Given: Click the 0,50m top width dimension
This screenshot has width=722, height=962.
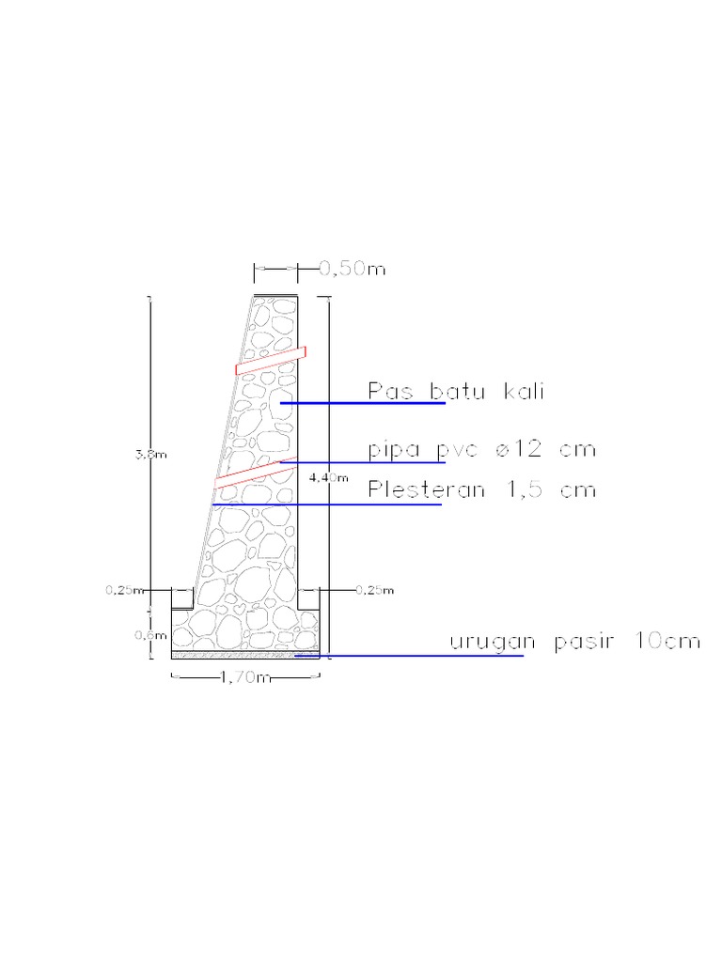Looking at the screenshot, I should [x=353, y=270].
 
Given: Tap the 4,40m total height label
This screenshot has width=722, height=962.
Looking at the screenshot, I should [x=328, y=477].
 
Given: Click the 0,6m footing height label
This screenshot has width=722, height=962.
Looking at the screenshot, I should [x=144, y=634].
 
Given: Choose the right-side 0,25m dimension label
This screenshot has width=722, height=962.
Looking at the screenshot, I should [x=375, y=590].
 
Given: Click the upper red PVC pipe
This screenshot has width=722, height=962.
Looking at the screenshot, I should [x=271, y=360].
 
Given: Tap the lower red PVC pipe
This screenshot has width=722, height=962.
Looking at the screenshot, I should [x=254, y=473].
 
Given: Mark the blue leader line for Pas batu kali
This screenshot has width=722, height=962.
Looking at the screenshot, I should [x=362, y=403].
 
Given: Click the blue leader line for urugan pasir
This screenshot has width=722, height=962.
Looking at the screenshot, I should [x=409, y=656].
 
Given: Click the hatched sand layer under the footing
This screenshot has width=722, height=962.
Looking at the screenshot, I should [x=244, y=653].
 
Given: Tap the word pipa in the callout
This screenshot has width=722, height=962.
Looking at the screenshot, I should [x=393, y=451].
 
